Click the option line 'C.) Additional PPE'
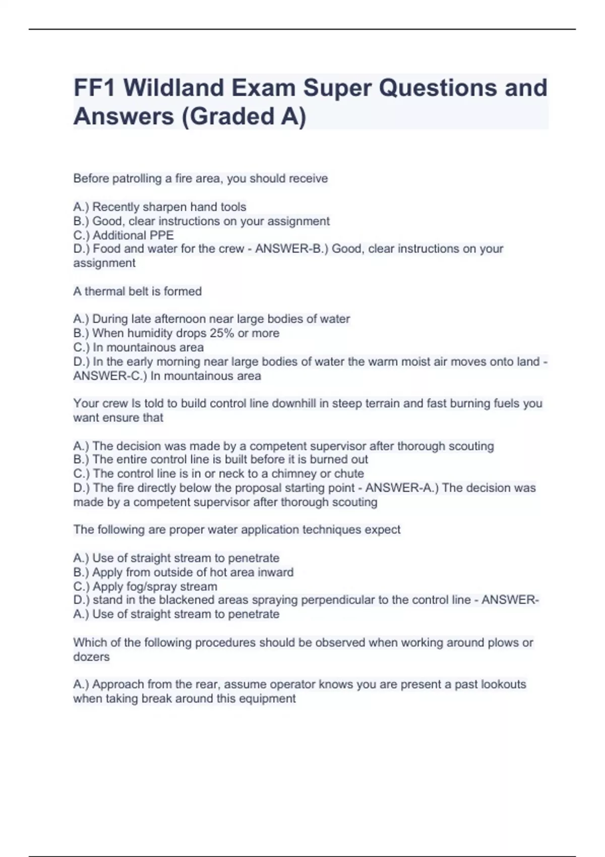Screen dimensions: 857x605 click(124, 235)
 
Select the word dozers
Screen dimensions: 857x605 click(91, 657)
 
